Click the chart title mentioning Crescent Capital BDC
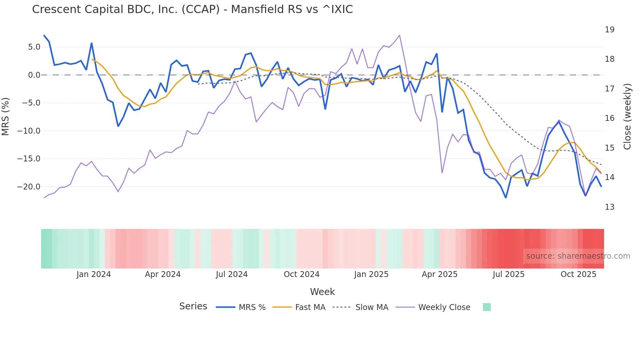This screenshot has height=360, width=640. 192,9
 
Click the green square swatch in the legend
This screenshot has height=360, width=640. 487,307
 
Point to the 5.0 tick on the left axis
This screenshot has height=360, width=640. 34,47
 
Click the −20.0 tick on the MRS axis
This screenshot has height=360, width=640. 29,187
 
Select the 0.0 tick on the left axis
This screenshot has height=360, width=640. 34,75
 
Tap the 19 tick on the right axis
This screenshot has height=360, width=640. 609,30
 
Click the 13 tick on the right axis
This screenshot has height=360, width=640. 609,207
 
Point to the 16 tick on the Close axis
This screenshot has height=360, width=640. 609,118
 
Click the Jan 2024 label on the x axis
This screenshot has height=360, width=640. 94,274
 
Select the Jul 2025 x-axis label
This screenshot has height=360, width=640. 508,274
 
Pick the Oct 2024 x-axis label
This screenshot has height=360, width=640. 301,274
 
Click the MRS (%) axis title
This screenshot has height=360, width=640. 6,117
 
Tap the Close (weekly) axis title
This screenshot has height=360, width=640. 627,117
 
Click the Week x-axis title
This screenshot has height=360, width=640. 322,292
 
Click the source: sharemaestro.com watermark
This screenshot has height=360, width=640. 578,256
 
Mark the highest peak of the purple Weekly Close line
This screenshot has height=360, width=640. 399,35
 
